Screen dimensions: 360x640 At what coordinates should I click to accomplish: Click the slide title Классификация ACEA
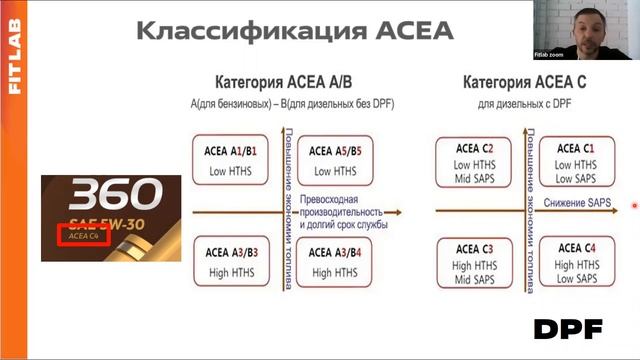[x=294, y=31]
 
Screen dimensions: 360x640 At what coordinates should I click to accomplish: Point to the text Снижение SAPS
[x=577, y=203]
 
